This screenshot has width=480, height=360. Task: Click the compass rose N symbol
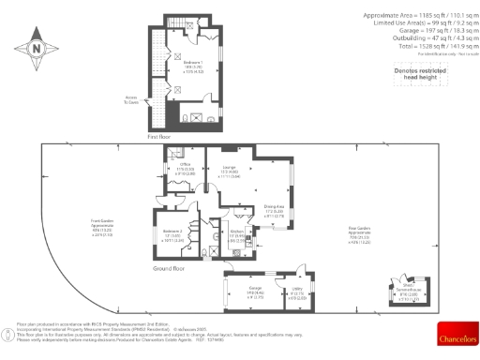coord(36,48)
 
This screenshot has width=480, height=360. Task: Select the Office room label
coord(186,170)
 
